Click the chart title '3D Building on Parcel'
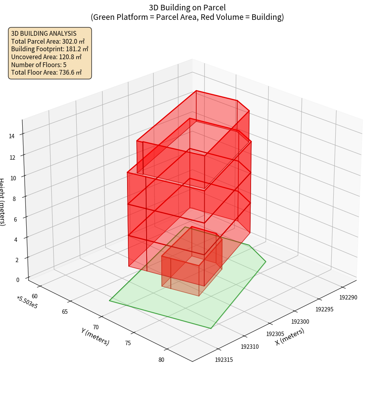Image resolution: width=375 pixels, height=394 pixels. pos(187,8)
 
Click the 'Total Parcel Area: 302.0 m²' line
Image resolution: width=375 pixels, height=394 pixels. pos(48,41)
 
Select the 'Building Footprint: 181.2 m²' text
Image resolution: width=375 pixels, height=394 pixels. pos(50,49)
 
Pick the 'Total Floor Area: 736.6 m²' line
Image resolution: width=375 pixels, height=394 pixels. pos(46,73)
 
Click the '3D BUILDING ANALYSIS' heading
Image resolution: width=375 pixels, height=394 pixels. pos(44,33)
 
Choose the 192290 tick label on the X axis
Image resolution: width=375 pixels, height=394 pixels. pos(348,297)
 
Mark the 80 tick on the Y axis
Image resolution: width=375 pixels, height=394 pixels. pos(161,360)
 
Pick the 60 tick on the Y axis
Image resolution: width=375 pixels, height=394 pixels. pos(35,296)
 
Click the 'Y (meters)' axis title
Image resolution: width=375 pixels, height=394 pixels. pos(95,336)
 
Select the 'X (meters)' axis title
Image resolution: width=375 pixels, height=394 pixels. pos(290,337)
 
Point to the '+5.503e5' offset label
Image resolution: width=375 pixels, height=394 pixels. pos(27,302)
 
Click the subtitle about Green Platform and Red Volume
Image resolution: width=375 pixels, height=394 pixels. pos(187,17)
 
